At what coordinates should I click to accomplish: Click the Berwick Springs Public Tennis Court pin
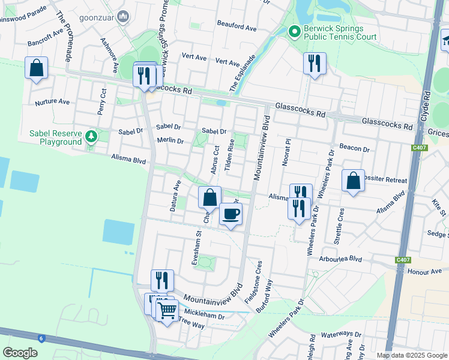[x=294, y=31]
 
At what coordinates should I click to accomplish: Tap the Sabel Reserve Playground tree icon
[x=91, y=136]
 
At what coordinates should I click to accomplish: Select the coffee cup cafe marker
[x=231, y=214]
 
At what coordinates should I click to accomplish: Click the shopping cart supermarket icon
[x=167, y=311]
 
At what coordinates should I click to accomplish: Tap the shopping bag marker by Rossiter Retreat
[x=353, y=181]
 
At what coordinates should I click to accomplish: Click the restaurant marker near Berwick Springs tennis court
[x=315, y=63]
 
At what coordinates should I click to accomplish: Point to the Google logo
[x=20, y=353]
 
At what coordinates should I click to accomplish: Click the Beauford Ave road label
[x=237, y=28]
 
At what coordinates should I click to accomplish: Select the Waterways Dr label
[x=341, y=335]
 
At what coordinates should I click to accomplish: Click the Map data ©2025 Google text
[x=411, y=355]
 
